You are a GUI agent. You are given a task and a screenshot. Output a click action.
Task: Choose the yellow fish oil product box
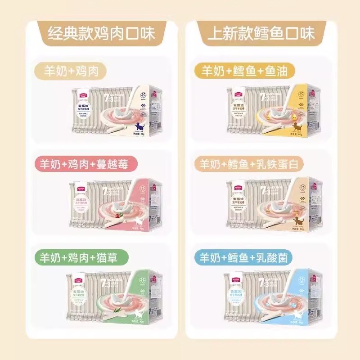point(272,110)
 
